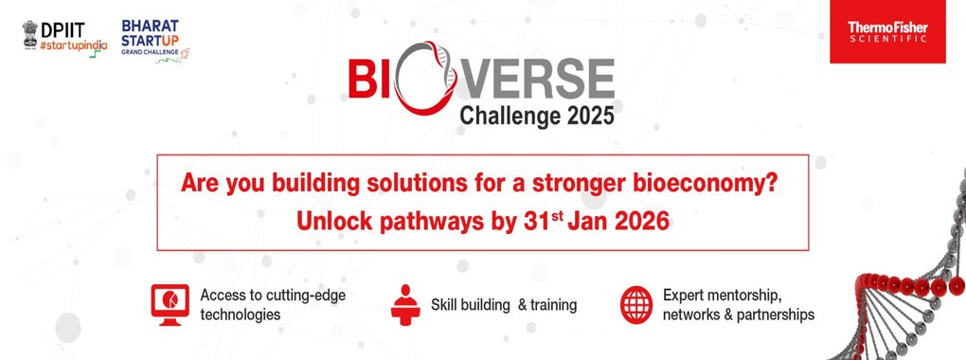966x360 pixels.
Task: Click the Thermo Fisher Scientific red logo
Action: point(887,31)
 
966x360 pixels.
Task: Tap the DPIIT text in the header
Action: point(63,29)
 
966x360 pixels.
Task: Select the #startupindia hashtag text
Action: point(73,46)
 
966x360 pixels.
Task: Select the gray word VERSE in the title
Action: point(536,79)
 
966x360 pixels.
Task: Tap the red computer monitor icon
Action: point(170,304)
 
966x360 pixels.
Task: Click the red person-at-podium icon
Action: point(404,304)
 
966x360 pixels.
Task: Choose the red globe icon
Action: point(636,304)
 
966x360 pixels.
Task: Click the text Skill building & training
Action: point(504,304)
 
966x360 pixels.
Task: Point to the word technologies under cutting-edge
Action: point(241,315)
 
